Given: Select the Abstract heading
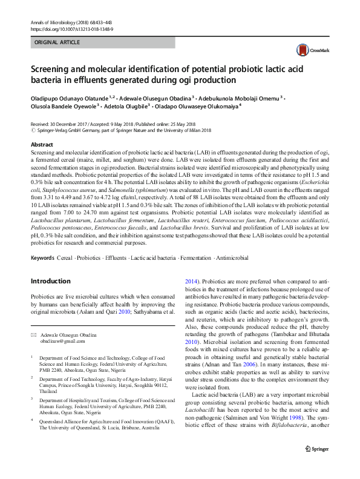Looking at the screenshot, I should [42, 145].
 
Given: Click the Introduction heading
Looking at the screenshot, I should [50, 282].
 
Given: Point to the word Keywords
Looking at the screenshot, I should [44, 258].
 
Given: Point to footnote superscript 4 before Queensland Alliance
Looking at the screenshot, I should [32, 424].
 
